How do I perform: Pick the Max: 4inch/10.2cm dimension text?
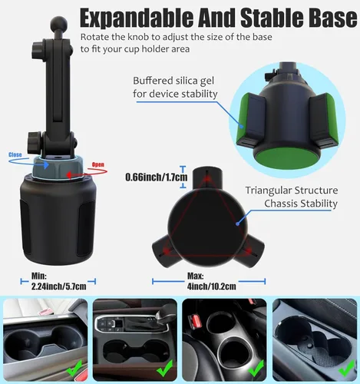(204, 280)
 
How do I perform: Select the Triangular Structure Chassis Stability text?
(292, 197)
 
